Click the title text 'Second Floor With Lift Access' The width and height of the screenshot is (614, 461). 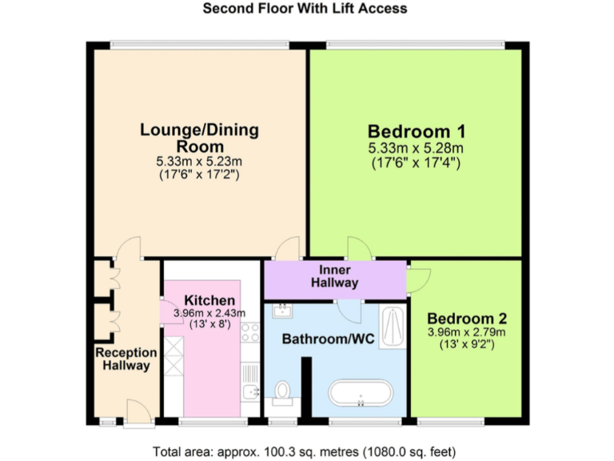pyautogui.click(x=305, y=9)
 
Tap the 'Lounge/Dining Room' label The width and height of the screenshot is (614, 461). pyautogui.click(x=199, y=138)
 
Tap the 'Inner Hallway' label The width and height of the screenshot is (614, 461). pyautogui.click(x=334, y=277)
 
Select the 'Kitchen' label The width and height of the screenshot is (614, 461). pyautogui.click(x=209, y=300)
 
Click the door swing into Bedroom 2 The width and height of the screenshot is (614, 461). pyautogui.click(x=418, y=277)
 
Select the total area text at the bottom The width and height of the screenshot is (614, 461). pyautogui.click(x=305, y=450)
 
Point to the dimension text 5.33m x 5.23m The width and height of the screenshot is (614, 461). pyautogui.click(x=199, y=161)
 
